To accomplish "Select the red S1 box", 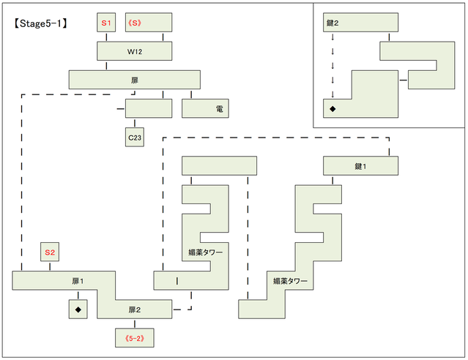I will [x=106, y=23].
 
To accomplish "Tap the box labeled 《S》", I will [x=149, y=23].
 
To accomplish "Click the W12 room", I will [x=134, y=50].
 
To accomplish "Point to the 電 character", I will [x=220, y=108].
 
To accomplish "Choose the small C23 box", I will [x=134, y=136].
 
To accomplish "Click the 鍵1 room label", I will [x=360, y=166].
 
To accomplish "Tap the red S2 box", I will [x=50, y=252].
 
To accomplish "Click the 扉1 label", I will [x=78, y=281].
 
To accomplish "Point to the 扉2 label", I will [x=134, y=309].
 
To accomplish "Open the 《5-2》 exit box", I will [x=134, y=337].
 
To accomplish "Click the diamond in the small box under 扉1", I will [x=78, y=310].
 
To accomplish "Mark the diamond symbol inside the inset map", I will [x=333, y=108].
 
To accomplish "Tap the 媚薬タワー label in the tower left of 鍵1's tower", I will [x=205, y=252].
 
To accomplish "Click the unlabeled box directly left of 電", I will [x=149, y=108].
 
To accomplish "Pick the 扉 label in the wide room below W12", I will [x=134, y=79].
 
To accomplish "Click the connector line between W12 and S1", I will [x=106, y=37].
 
